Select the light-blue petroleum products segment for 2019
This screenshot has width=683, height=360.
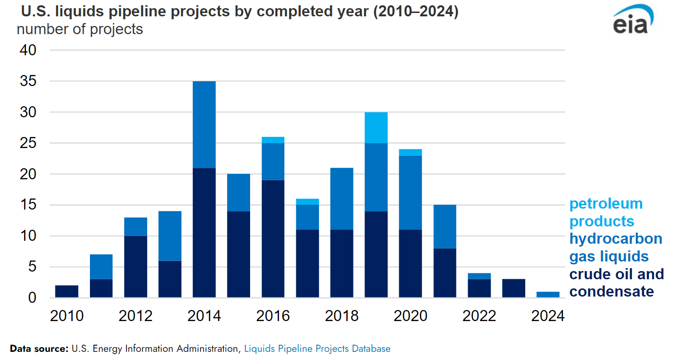376,127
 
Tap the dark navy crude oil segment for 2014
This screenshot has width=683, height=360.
204,233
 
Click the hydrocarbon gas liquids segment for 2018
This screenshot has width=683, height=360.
341,199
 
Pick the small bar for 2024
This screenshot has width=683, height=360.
548,295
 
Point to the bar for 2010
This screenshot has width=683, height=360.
67,292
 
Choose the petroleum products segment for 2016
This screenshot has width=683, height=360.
273,140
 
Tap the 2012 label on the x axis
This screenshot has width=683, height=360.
135,316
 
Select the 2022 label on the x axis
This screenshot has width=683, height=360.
479,316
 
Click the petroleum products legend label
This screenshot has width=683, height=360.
606,212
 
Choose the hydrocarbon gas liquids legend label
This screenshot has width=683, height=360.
615,247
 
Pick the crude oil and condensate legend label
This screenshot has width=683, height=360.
616,283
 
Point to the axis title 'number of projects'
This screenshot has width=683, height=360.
80,29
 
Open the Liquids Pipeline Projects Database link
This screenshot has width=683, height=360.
317,348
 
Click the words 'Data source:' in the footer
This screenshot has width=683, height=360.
39,348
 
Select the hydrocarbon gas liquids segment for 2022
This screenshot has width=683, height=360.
479,276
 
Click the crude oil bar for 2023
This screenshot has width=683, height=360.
513,288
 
